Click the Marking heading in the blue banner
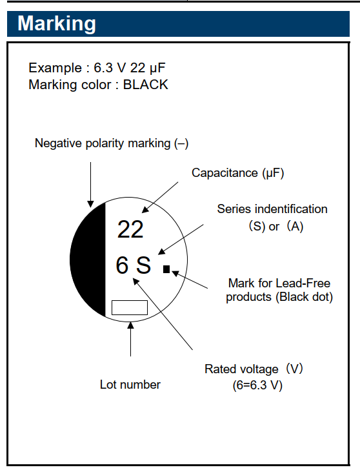(57, 23)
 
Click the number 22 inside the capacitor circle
(130, 229)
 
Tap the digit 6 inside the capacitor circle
(122, 265)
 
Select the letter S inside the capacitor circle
(143, 265)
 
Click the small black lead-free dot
(166, 269)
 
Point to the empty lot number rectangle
(130, 307)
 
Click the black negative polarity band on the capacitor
(88, 260)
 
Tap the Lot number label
(130, 385)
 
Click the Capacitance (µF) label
(237, 173)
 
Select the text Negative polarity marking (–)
(112, 143)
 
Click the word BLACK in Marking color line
(146, 85)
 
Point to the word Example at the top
(55, 68)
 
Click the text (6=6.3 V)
(257, 385)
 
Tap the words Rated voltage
(241, 369)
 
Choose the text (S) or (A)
(275, 226)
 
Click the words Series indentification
(272, 209)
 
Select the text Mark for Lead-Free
(279, 283)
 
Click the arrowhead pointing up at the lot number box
(130, 325)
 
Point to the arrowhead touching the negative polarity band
(90, 204)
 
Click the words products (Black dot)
(279, 297)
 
